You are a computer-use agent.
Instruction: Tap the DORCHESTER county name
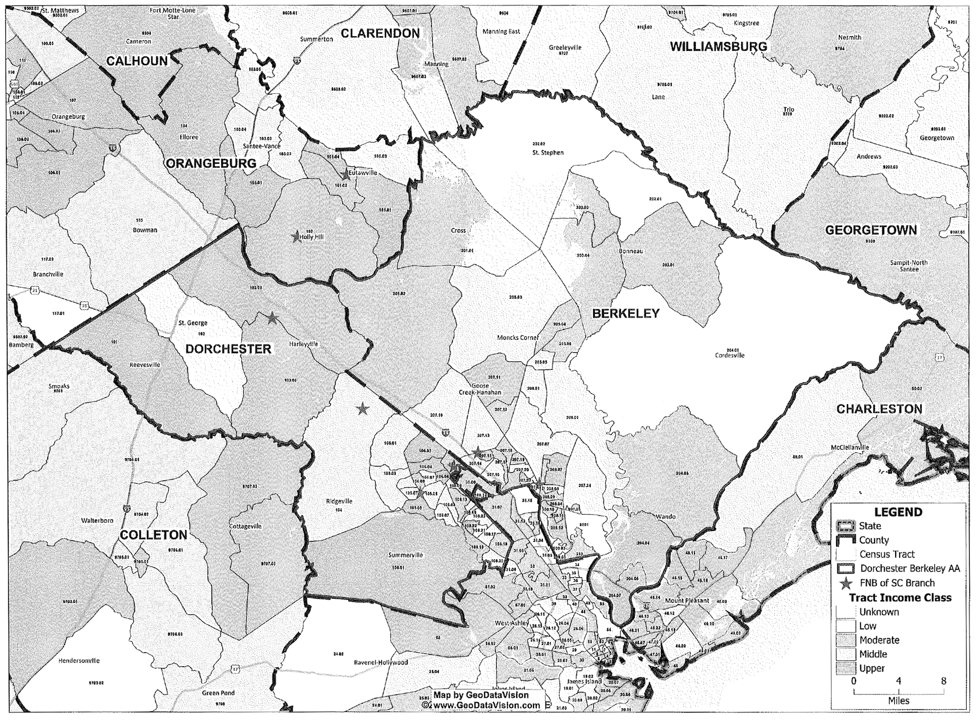[x=228, y=349]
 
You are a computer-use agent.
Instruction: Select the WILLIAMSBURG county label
[x=718, y=47]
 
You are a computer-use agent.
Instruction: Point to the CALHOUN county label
[x=137, y=61]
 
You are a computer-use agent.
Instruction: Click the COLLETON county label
[x=153, y=535]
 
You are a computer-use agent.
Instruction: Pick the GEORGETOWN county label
[x=871, y=230]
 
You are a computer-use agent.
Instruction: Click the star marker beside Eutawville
[x=345, y=175]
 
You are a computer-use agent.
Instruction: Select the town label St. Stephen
[x=548, y=153]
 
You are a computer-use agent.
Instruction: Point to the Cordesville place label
[x=730, y=356]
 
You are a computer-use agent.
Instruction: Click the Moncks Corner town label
[x=518, y=338]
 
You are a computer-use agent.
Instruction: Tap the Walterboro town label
[x=97, y=520]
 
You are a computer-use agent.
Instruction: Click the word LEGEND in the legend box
[x=898, y=512]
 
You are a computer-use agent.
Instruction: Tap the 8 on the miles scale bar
[x=943, y=681]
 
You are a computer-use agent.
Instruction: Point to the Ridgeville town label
[x=339, y=501]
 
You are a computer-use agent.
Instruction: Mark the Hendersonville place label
[x=79, y=661]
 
